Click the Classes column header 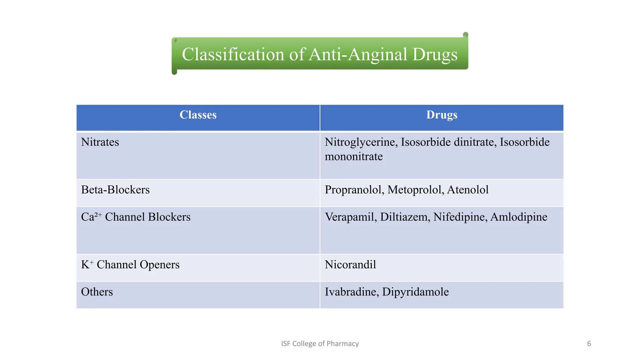click(x=198, y=115)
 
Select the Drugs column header click(x=442, y=115)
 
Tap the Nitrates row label click(x=100, y=142)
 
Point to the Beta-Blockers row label click(x=115, y=190)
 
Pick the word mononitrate click(x=353, y=157)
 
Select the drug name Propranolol click(x=354, y=190)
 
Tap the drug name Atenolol click(x=468, y=190)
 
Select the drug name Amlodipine click(x=519, y=217)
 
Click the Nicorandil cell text click(x=350, y=265)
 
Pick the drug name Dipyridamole click(x=415, y=292)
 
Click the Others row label click(x=97, y=292)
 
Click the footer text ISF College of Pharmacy click(x=320, y=344)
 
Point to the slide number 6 click(x=589, y=344)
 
